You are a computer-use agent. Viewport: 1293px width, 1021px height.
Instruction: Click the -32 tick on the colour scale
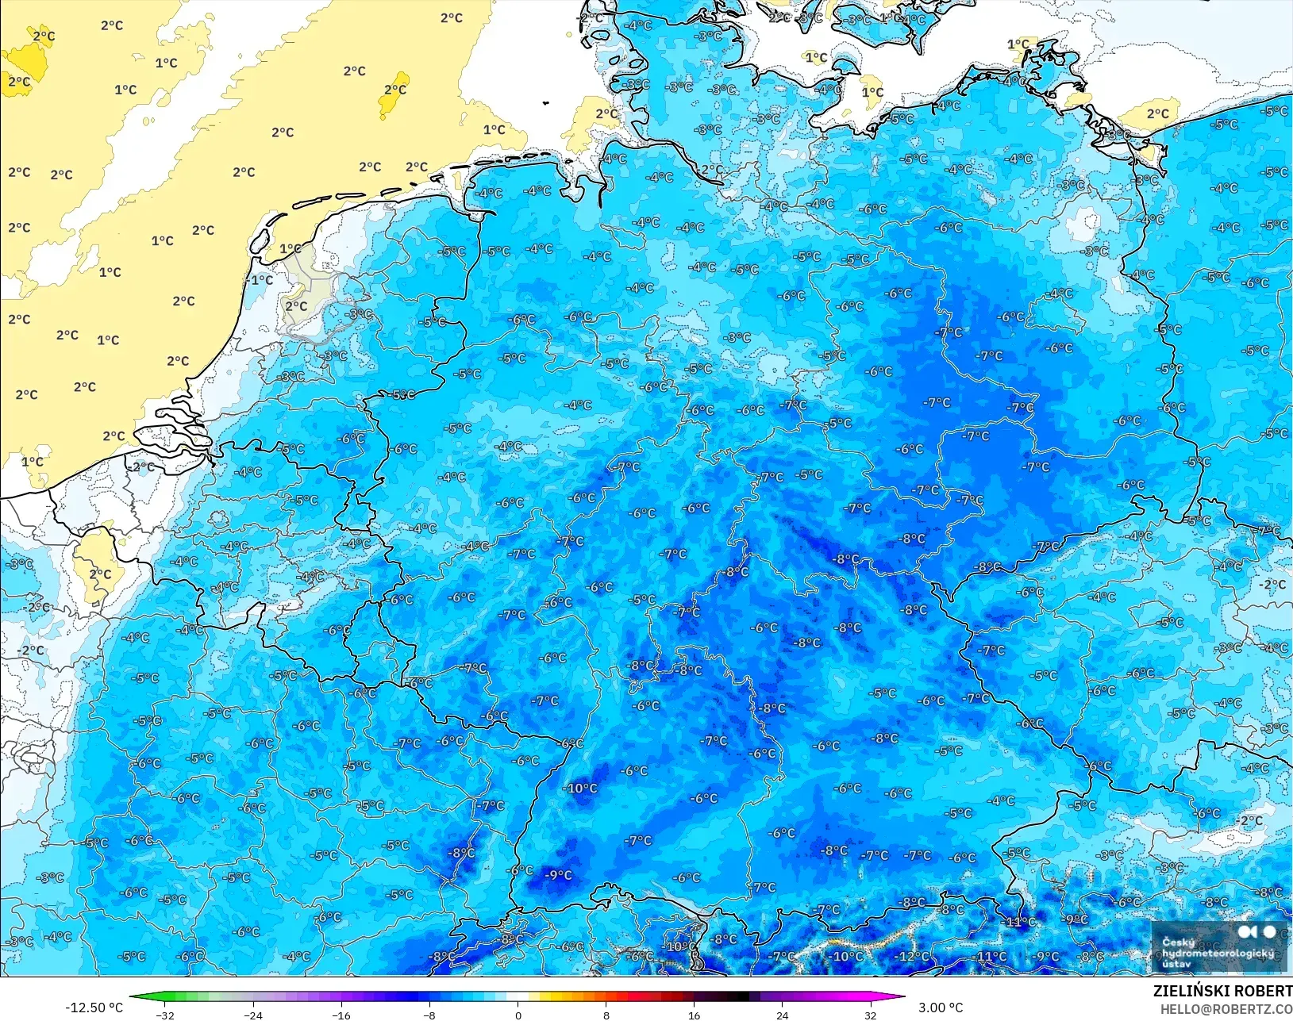[x=165, y=1015]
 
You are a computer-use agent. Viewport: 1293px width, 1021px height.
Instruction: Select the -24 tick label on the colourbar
[x=252, y=1015]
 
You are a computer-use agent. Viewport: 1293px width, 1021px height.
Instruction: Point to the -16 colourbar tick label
[x=341, y=1015]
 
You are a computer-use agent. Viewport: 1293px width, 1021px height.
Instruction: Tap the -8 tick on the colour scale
[x=429, y=1015]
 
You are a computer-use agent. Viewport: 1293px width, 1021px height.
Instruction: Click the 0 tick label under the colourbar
[x=518, y=1015]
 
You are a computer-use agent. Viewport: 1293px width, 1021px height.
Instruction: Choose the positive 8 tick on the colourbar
[x=606, y=1015]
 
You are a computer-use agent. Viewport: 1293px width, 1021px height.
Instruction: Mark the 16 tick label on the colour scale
[x=695, y=1015]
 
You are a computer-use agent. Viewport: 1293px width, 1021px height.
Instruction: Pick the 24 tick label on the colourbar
[x=783, y=1015]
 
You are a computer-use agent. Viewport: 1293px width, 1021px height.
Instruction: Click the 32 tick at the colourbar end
[x=871, y=1015]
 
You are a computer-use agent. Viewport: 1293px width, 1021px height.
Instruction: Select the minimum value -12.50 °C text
[x=94, y=1008]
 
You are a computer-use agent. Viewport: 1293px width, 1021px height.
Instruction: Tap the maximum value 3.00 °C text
[x=941, y=1008]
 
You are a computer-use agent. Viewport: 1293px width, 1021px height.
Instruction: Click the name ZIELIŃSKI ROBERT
[x=1222, y=991]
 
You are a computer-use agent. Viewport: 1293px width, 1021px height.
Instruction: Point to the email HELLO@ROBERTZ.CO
[x=1226, y=1009]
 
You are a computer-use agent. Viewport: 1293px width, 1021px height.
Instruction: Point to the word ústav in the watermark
[x=1176, y=964]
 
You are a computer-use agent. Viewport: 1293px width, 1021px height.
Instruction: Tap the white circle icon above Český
[x=1269, y=931]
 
